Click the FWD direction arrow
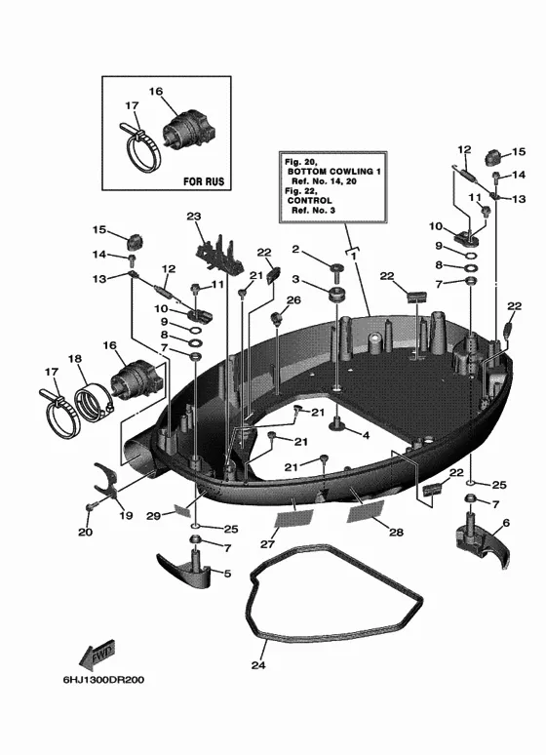pos(97,654)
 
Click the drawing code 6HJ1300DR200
pos(103,680)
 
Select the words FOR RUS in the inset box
pos(204,181)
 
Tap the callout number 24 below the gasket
pos(258,665)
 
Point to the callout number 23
pos(194,217)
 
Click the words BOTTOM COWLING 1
pos(334,172)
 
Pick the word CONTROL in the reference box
pos(310,200)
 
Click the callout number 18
pos(75,359)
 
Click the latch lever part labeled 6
pos(482,539)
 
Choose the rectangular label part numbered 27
pos(293,519)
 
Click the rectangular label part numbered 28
pos(366,511)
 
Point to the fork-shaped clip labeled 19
pos(105,479)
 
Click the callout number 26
pos(293,300)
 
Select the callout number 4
pos(366,435)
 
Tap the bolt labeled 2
pos(335,271)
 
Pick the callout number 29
pos(154,516)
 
